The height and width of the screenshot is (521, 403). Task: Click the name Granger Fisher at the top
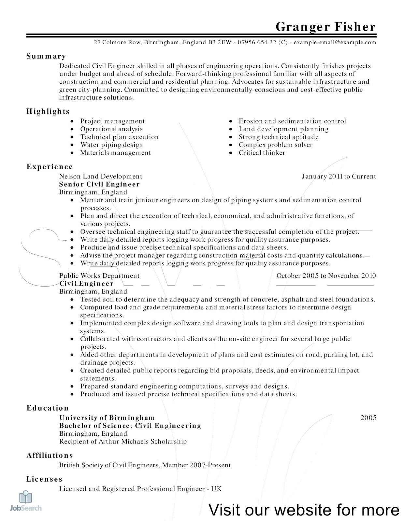[325, 27]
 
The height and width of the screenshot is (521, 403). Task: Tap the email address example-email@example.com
[335, 42]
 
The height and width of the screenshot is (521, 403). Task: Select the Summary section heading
[46, 56]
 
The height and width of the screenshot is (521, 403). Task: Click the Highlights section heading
[48, 111]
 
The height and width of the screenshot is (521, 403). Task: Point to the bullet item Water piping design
[111, 145]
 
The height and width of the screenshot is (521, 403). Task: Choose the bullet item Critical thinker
[262, 153]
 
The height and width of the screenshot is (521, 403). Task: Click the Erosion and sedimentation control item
[292, 121]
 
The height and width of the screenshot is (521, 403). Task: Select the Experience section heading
[50, 167]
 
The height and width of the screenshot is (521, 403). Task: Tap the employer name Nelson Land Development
[101, 176]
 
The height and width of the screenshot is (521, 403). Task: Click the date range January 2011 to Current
[339, 176]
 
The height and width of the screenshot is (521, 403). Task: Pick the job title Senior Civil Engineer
[99, 184]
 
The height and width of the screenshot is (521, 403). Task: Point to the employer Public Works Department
[99, 276]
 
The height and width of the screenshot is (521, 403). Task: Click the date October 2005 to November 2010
[326, 276]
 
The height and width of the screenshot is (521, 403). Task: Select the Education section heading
[48, 408]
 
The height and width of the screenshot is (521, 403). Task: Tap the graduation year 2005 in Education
[368, 418]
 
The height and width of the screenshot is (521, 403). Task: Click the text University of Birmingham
[107, 418]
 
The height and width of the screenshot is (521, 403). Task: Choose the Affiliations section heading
[50, 456]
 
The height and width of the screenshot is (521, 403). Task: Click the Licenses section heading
[44, 479]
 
